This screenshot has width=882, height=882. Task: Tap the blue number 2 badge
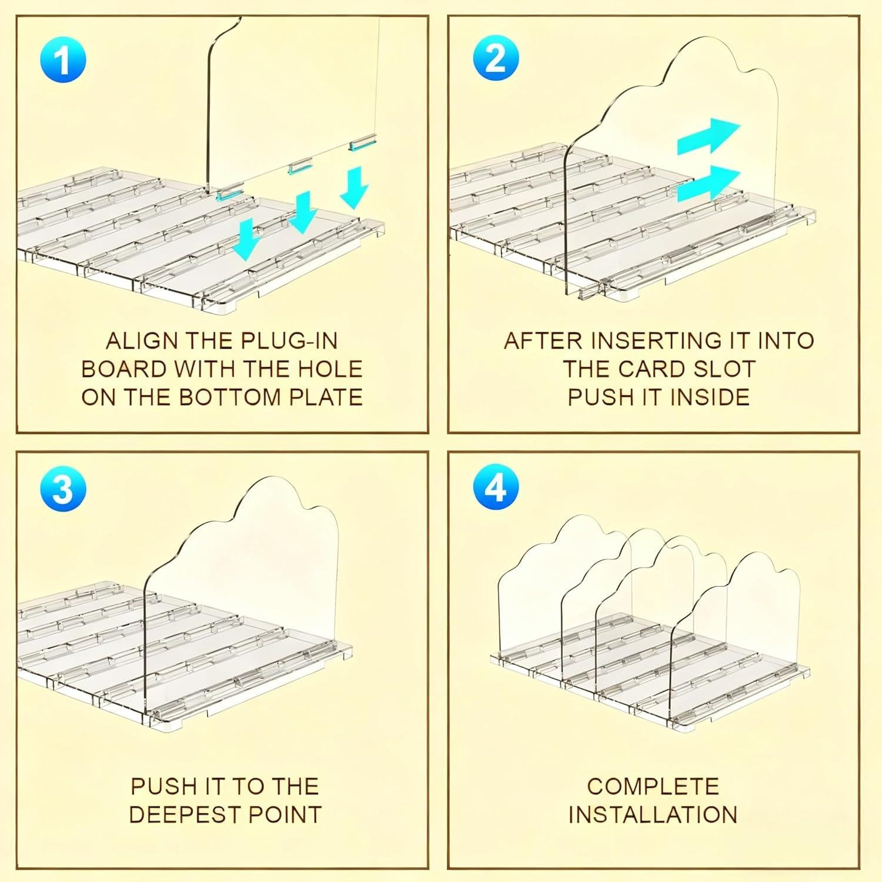coord(496,58)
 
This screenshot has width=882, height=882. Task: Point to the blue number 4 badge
coord(496,487)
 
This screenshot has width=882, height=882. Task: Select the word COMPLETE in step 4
coord(653,787)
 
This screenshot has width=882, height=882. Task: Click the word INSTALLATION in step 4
coord(653,815)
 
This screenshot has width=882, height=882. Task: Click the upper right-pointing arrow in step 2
coord(708,136)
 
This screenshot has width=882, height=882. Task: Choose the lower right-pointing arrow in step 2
coord(708,183)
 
